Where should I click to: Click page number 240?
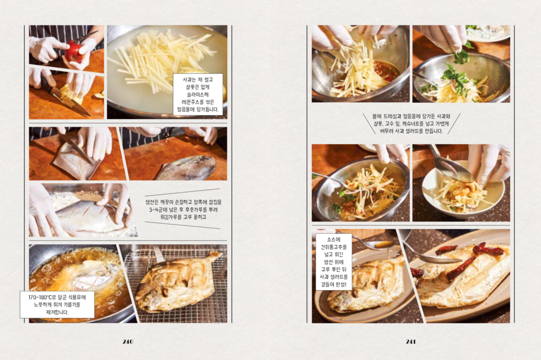128,342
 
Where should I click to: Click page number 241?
411,342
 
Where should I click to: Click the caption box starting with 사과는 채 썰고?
197,94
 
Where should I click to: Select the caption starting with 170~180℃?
57,304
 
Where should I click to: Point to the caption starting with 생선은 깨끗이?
183,209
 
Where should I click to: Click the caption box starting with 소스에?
334,262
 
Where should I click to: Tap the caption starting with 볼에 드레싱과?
411,123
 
